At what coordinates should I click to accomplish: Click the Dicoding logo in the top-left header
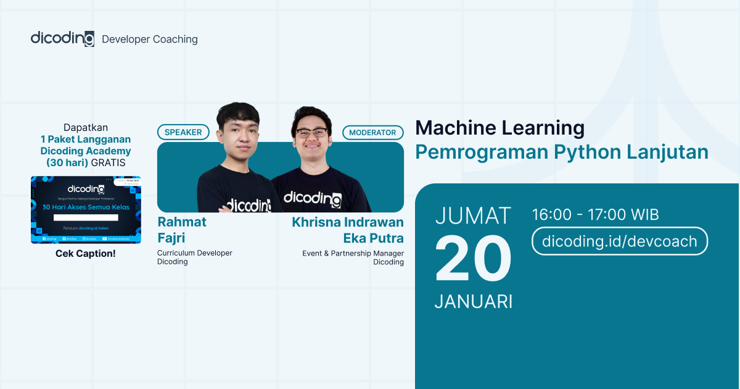click(x=62, y=38)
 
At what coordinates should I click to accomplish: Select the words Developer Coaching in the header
click(x=149, y=40)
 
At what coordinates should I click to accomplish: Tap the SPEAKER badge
click(x=183, y=132)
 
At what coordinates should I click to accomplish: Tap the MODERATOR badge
click(x=373, y=132)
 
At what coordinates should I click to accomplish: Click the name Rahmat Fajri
click(x=181, y=229)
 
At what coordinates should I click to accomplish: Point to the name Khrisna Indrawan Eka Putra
click(x=348, y=230)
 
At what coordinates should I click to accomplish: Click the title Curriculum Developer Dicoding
click(x=194, y=257)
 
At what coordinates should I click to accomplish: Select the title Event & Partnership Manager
click(x=353, y=253)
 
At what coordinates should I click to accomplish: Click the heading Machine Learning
click(x=499, y=128)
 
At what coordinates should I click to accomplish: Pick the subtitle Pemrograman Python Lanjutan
click(x=561, y=152)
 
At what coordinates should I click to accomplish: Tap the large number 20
click(x=473, y=259)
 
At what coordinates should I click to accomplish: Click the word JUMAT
click(x=473, y=216)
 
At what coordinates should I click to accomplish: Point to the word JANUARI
click(x=473, y=301)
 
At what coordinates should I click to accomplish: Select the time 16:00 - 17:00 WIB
click(x=595, y=215)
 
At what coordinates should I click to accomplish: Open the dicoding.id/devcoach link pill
click(x=619, y=241)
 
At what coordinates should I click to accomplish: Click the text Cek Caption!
click(x=86, y=254)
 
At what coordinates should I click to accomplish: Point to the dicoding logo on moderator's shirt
click(x=312, y=198)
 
